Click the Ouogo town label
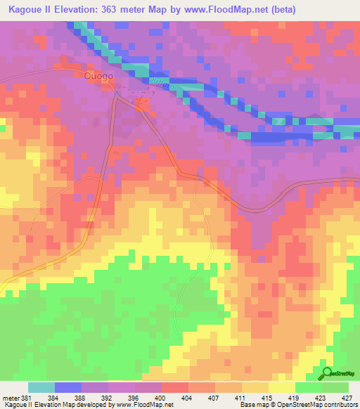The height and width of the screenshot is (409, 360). (98, 77)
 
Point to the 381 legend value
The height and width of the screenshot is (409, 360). (25, 398)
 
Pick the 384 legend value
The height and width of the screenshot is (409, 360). (53, 398)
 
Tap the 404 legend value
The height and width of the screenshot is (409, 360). (187, 398)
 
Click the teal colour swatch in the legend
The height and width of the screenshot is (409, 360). (41, 387)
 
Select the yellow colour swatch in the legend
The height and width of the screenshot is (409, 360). (282, 387)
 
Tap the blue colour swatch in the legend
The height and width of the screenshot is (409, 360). (68, 387)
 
